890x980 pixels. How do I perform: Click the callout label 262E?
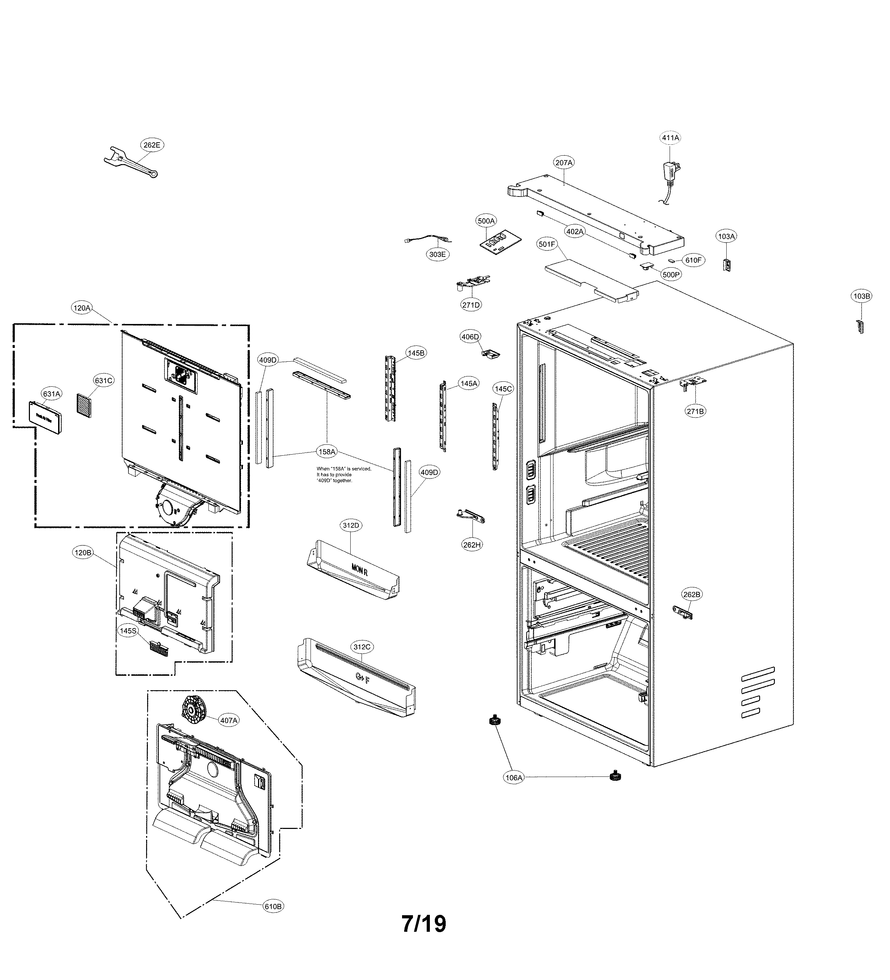[x=151, y=145]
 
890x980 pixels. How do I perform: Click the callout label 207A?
[x=564, y=163]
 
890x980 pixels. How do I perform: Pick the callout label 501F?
[x=547, y=244]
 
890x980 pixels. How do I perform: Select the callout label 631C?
[x=104, y=381]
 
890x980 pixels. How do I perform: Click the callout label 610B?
[x=273, y=906]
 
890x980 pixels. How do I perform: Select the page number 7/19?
[x=424, y=924]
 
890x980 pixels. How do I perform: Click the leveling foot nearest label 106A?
[x=495, y=722]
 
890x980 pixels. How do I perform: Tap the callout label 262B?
[x=692, y=594]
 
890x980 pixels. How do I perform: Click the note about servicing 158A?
[x=343, y=474]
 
